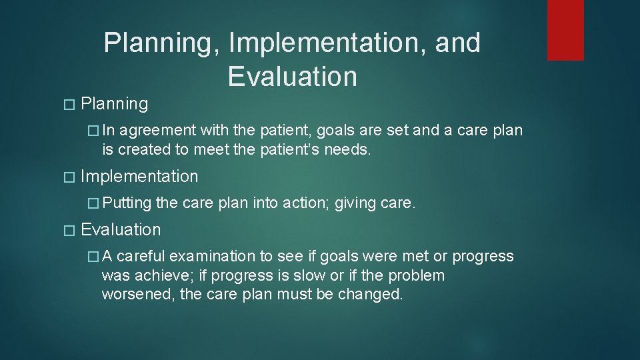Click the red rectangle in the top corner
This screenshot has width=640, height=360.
pyautogui.click(x=565, y=30)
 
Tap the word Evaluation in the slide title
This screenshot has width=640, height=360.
pyautogui.click(x=292, y=77)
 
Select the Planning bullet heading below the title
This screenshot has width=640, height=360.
pyautogui.click(x=114, y=104)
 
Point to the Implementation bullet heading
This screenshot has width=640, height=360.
pyautogui.click(x=139, y=177)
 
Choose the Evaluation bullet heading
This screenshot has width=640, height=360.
pyautogui.click(x=121, y=230)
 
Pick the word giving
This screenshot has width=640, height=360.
pyautogui.click(x=356, y=203)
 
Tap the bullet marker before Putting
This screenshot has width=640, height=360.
pyautogui.click(x=93, y=203)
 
